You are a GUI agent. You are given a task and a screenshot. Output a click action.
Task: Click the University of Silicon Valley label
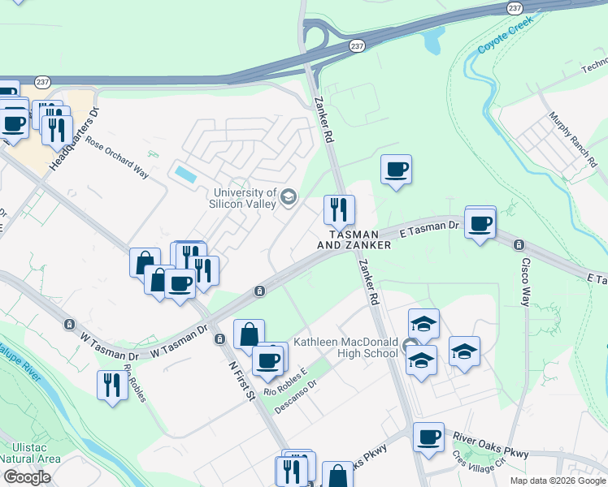245,199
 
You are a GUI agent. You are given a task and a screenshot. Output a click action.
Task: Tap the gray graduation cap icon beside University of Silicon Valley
288,197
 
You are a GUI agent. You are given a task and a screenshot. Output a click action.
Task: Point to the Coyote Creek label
503,40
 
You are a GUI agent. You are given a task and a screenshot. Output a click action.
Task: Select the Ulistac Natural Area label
30,453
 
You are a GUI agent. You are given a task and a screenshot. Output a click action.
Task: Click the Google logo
27,476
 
